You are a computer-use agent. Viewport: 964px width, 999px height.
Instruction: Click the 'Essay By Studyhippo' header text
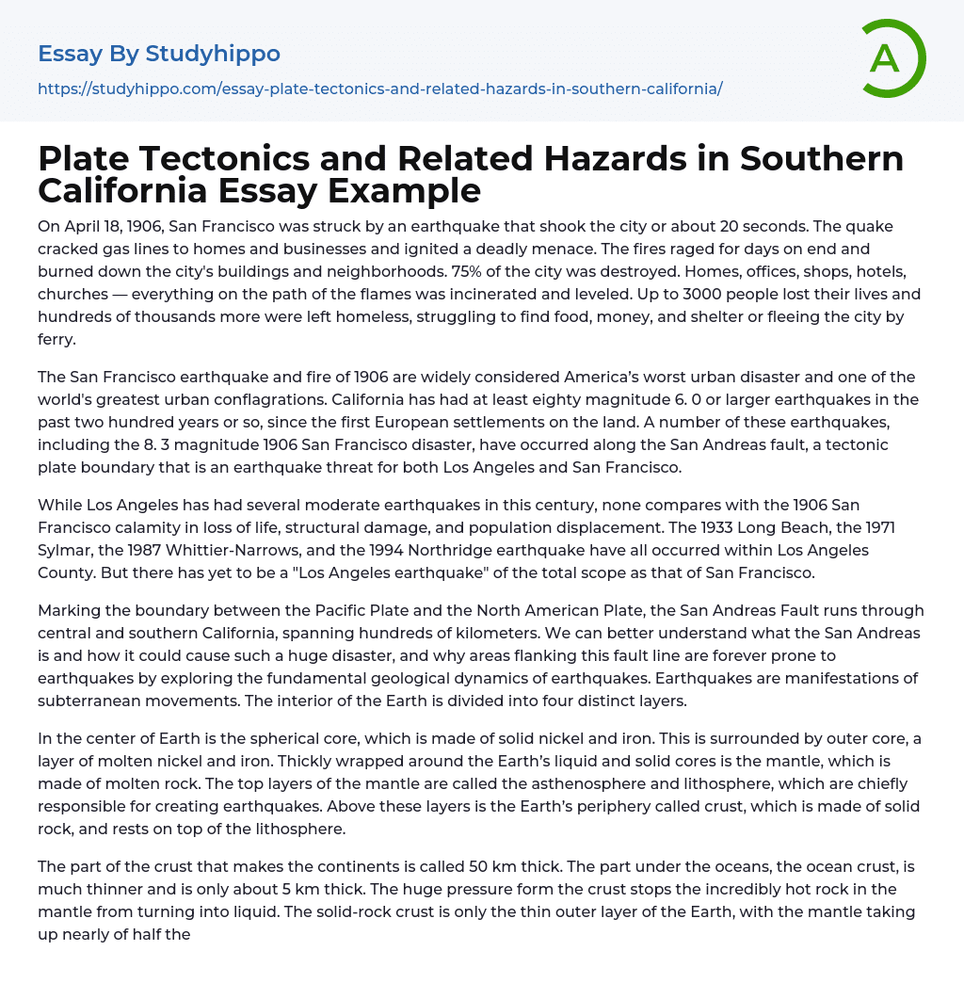(x=159, y=54)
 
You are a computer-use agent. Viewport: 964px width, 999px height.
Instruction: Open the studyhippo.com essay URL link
(x=379, y=89)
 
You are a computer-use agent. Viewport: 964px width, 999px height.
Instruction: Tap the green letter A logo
(x=885, y=58)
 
